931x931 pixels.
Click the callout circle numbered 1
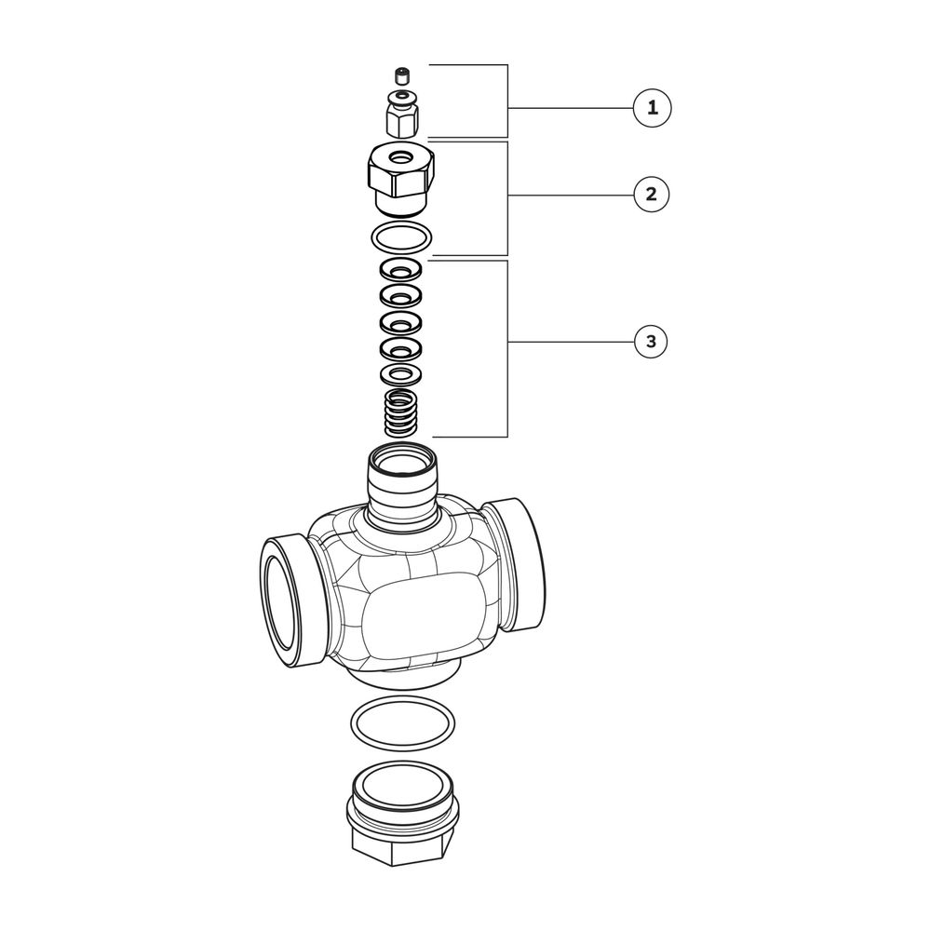coord(652,108)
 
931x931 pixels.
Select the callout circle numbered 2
coord(652,195)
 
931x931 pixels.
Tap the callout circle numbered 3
coord(652,342)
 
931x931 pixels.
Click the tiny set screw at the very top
coord(402,76)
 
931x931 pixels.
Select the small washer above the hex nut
coord(401,96)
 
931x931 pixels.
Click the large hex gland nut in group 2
coord(400,178)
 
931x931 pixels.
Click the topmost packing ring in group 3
coord(401,271)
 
